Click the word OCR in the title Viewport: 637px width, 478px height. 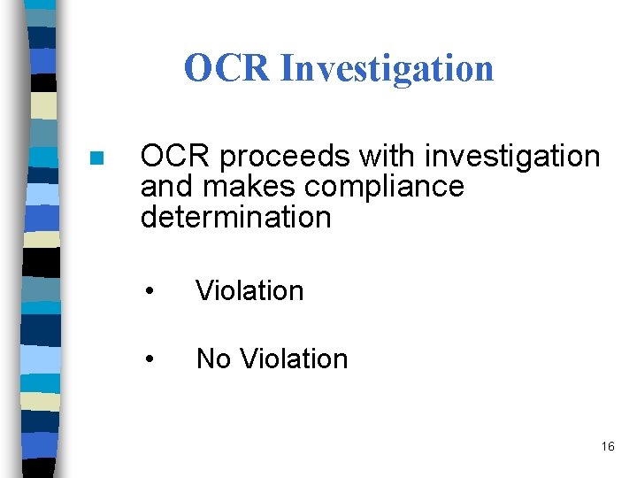227,68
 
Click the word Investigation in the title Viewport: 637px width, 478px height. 387,69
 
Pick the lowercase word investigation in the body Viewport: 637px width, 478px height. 512,158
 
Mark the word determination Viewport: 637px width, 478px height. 235,217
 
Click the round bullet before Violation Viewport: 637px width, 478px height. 151,292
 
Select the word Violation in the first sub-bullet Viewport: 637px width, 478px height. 249,290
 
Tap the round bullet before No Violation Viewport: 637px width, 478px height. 151,360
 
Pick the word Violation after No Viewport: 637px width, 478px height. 294,358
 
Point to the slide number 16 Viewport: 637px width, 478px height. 607,446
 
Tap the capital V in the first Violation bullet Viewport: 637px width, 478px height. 203,290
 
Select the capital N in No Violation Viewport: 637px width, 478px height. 205,358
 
